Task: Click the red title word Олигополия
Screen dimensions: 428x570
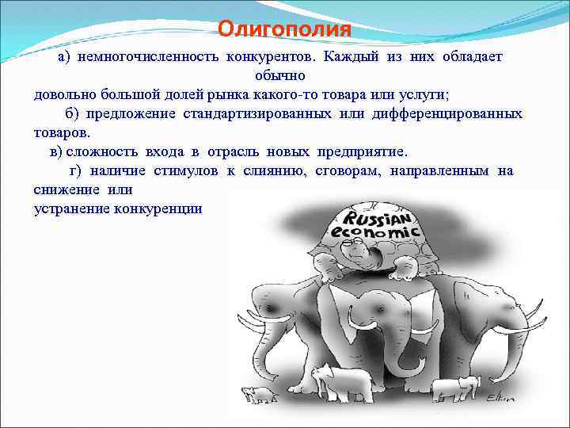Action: point(284,30)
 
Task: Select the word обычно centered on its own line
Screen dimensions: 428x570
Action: point(285,77)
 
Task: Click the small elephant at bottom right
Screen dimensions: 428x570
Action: point(457,388)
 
